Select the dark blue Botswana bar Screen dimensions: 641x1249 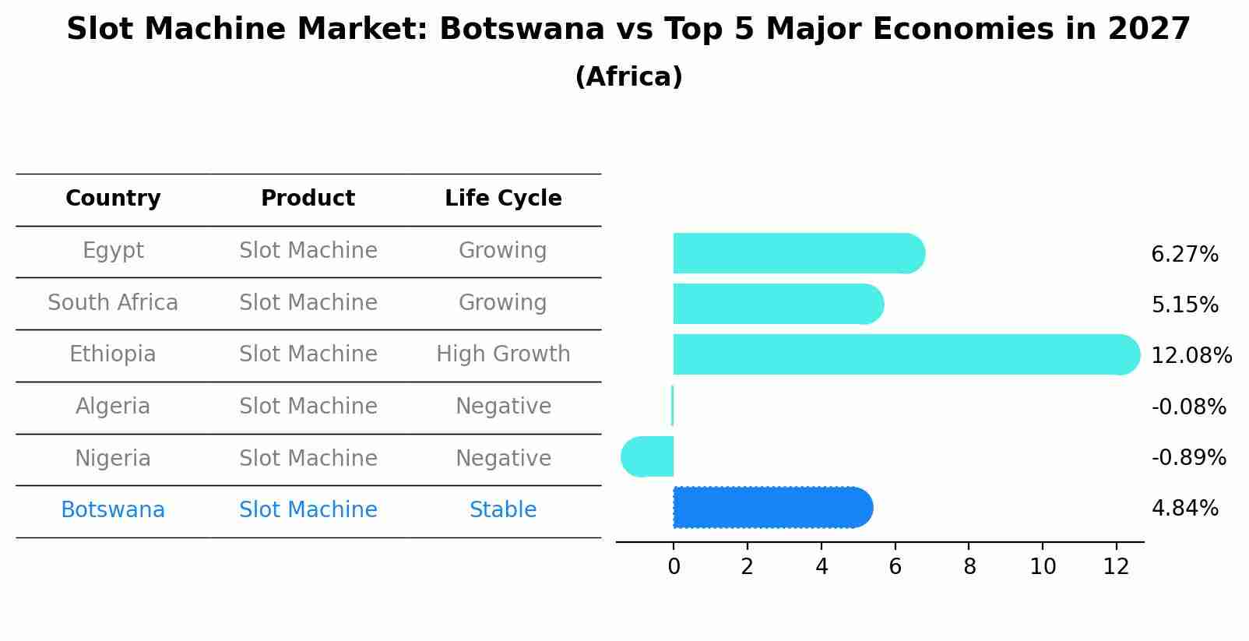tap(771, 508)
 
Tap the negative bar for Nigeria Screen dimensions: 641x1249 tap(648, 456)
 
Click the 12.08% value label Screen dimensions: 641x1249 tap(1191, 356)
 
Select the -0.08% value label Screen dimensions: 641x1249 tap(1188, 407)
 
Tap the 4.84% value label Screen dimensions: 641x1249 tap(1184, 509)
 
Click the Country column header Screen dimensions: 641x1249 tap(113, 199)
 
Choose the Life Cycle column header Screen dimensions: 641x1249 tap(503, 199)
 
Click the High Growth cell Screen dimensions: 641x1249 tap(503, 354)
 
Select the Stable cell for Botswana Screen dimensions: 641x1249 tap(503, 510)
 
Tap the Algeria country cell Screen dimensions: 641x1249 tap(113, 407)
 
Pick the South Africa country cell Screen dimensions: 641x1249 tap(113, 302)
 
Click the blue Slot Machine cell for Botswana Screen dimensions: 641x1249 tap(308, 510)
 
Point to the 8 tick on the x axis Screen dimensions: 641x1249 tap(969, 567)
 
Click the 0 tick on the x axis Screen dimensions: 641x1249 tap(674, 567)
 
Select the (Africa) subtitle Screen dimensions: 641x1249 tap(628, 77)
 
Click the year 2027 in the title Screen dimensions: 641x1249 tap(1149, 30)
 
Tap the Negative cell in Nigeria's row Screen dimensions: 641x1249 tap(503, 458)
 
